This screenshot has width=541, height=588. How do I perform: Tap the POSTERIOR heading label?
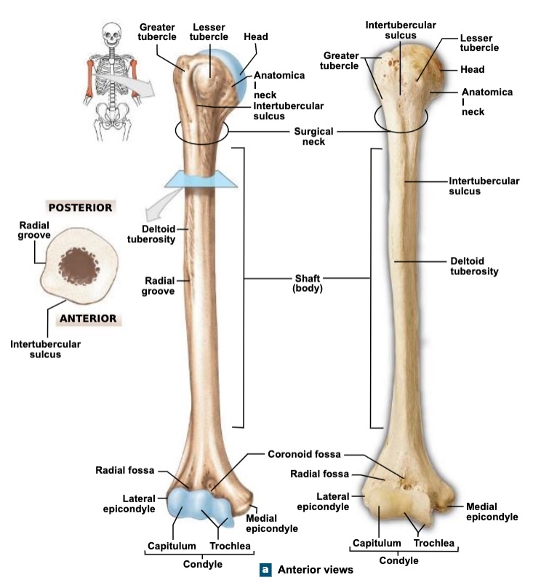pyautogui.click(x=80, y=207)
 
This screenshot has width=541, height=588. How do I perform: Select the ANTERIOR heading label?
pyautogui.click(x=87, y=318)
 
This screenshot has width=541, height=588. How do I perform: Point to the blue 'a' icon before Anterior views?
pyautogui.click(x=266, y=570)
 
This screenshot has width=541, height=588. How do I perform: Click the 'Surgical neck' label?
pyautogui.click(x=313, y=137)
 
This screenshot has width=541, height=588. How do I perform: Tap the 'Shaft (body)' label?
pyautogui.click(x=308, y=283)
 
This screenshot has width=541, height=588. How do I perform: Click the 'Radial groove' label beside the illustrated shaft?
pyautogui.click(x=159, y=285)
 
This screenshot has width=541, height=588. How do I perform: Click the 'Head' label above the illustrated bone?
pyautogui.click(x=256, y=36)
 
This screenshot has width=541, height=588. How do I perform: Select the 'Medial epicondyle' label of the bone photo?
pyautogui.click(x=492, y=512)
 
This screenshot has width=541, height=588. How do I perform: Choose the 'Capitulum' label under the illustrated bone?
pyautogui.click(x=172, y=546)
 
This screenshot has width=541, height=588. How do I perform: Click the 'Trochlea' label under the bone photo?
pyautogui.click(x=434, y=543)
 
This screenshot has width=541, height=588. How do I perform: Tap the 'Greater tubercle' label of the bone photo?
pyautogui.click(x=341, y=60)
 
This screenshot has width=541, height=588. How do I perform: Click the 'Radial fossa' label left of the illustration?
pyautogui.click(x=124, y=470)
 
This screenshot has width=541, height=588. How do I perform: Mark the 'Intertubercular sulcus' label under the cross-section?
pyautogui.click(x=45, y=349)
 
